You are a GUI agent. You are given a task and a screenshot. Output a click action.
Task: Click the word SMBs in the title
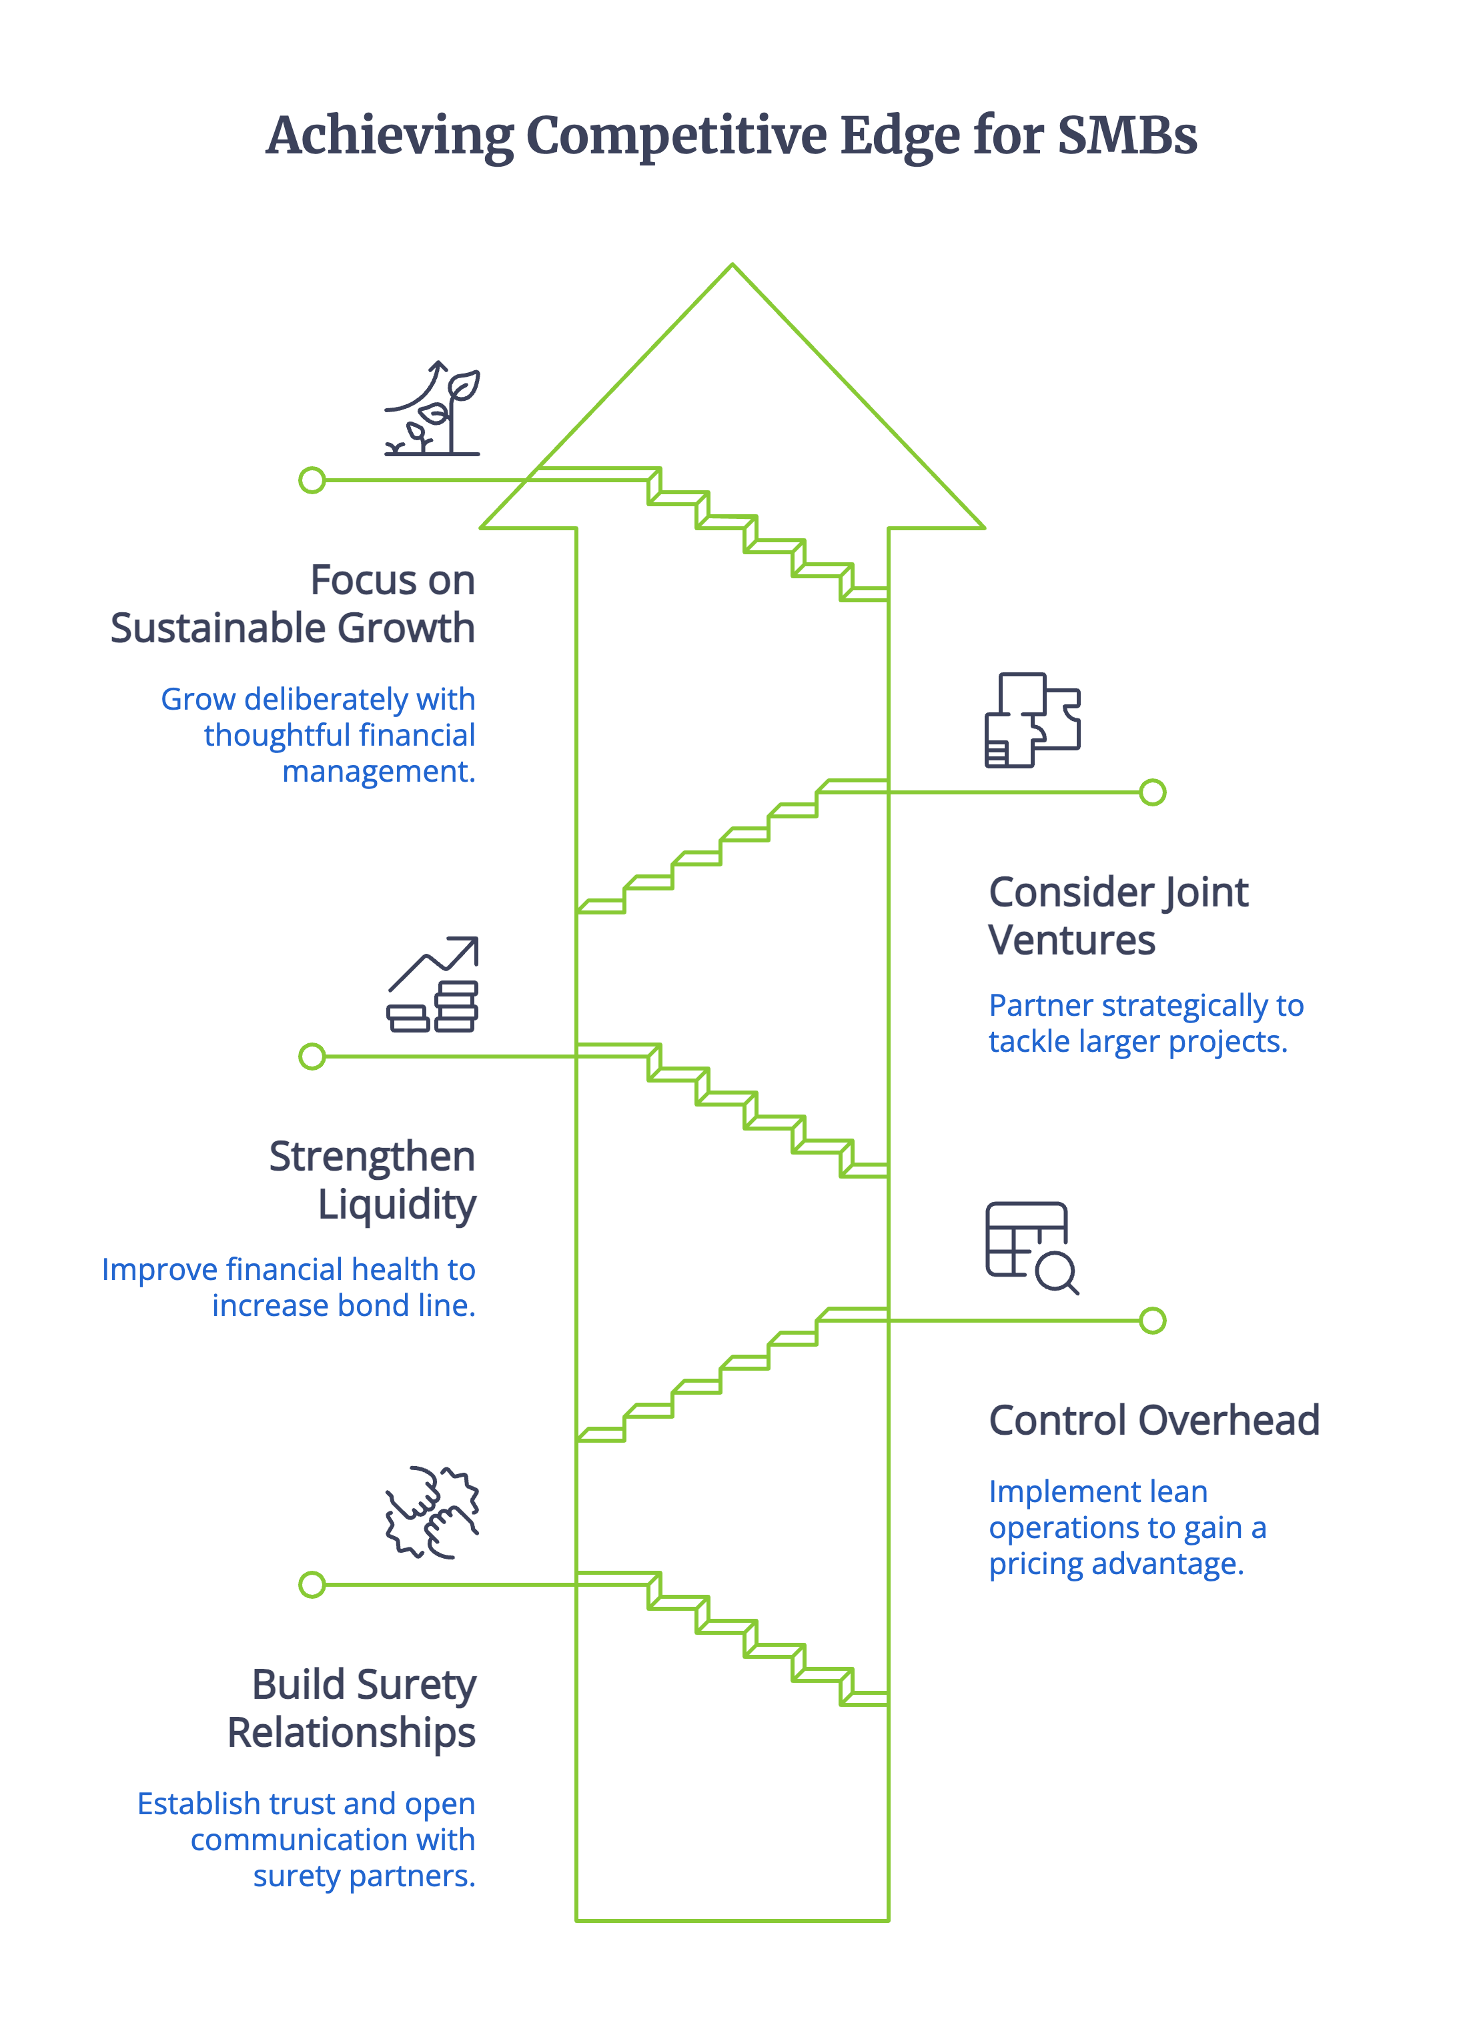(x=1127, y=137)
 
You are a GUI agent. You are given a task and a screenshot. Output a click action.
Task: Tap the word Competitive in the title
(x=676, y=137)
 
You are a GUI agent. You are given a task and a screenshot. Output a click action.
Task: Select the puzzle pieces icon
(x=1032, y=720)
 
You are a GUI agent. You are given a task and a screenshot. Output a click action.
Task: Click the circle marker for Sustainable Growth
(x=312, y=480)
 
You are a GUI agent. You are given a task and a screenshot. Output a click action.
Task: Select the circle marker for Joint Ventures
(x=1153, y=793)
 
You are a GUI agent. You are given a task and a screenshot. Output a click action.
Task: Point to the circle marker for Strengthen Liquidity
(x=312, y=1057)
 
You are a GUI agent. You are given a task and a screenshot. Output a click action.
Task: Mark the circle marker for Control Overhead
(x=1153, y=1321)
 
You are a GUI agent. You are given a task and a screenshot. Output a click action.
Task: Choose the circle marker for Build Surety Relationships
(x=312, y=1585)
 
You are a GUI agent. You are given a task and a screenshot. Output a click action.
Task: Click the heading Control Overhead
(x=1153, y=1421)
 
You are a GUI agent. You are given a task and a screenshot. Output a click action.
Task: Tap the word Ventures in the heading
(x=1071, y=940)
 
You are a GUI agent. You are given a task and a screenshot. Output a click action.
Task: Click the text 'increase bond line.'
(x=344, y=1306)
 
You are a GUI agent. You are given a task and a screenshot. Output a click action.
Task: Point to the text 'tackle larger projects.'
(x=1137, y=1042)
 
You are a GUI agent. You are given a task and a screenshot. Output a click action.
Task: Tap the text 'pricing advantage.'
(x=1116, y=1564)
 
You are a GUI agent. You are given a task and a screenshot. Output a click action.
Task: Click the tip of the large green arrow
(x=732, y=266)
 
